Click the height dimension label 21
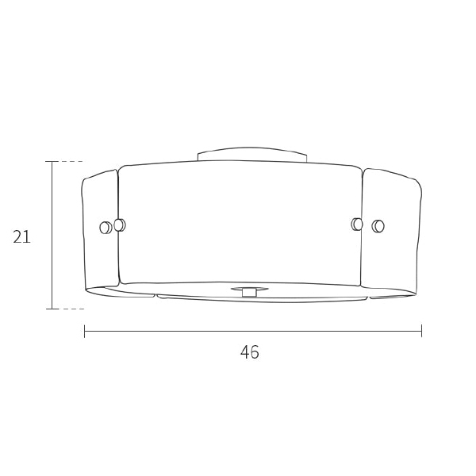point(21,236)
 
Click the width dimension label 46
point(250,352)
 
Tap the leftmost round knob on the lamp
point(106,228)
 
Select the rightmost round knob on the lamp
point(378,226)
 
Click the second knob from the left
point(120,225)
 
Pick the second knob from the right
point(357,224)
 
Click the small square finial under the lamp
point(249,292)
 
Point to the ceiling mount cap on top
point(252,154)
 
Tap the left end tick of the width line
point(84,331)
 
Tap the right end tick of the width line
point(421,331)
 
